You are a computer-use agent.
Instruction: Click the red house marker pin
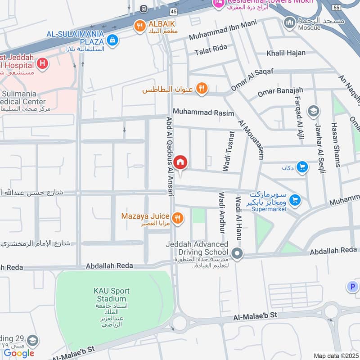tap(180, 162)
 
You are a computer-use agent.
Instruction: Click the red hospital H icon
tap(42, 63)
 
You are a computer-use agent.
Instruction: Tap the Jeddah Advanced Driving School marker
tap(238, 255)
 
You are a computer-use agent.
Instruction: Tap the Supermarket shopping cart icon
tap(295, 200)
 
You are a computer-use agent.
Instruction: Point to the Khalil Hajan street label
tap(286, 53)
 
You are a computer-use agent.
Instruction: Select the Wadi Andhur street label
tap(221, 213)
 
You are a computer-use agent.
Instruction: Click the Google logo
tap(19, 353)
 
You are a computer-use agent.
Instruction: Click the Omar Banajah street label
tap(280, 92)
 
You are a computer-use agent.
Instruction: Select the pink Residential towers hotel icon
tap(218, 4)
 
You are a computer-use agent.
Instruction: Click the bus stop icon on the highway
tap(144, 9)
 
